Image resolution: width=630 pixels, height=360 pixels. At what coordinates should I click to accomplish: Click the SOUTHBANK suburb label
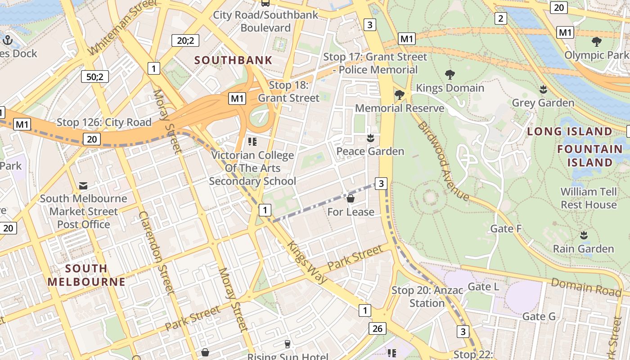(x=233, y=60)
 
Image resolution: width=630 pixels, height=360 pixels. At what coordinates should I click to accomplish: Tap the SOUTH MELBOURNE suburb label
(x=86, y=275)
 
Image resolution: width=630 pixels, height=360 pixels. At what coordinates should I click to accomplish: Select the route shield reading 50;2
(x=95, y=76)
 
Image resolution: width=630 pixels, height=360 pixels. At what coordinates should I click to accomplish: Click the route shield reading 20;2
(x=185, y=41)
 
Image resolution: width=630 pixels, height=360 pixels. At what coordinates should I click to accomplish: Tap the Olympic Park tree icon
(x=597, y=42)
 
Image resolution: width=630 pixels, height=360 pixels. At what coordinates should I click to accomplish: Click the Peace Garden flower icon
(x=370, y=138)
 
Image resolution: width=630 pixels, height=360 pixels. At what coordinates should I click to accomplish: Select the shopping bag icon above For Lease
(x=351, y=198)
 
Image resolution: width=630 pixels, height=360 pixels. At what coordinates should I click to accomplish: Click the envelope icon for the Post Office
(x=83, y=185)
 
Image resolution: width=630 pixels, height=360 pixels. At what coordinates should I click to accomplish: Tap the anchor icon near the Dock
(x=7, y=40)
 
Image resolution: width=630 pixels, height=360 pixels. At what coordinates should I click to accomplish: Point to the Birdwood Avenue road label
(x=443, y=161)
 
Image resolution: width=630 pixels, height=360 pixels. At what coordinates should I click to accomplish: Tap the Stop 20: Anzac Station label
(x=427, y=297)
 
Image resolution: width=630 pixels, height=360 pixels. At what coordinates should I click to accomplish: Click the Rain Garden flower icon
(x=584, y=235)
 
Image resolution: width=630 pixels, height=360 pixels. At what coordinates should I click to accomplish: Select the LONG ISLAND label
(x=569, y=131)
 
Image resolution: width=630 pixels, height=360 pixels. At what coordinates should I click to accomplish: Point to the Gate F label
(x=506, y=229)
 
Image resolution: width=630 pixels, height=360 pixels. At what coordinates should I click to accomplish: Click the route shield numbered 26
(x=377, y=328)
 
